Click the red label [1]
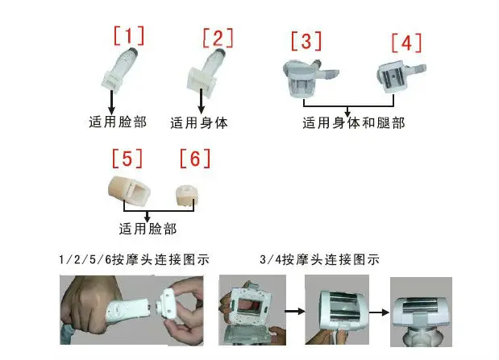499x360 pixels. click(x=129, y=35)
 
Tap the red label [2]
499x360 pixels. click(x=218, y=39)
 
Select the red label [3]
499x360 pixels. click(x=306, y=41)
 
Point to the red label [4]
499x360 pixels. click(x=407, y=43)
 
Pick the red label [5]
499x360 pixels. click(x=127, y=159)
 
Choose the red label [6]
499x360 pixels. click(x=195, y=159)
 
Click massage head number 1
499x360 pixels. click(x=119, y=68)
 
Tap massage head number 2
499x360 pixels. click(x=206, y=72)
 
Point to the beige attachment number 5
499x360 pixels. click(x=129, y=192)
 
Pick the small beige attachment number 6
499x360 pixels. click(x=187, y=194)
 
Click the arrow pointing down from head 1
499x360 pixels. click(x=111, y=102)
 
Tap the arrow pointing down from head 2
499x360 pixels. click(x=201, y=101)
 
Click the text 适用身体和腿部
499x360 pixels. click(x=354, y=123)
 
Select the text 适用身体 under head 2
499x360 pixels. click(x=199, y=123)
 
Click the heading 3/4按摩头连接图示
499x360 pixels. click(x=319, y=259)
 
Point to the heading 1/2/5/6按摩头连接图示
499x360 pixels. click(x=134, y=259)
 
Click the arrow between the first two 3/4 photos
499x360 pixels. click(x=295, y=311)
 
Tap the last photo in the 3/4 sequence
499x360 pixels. click(x=421, y=312)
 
